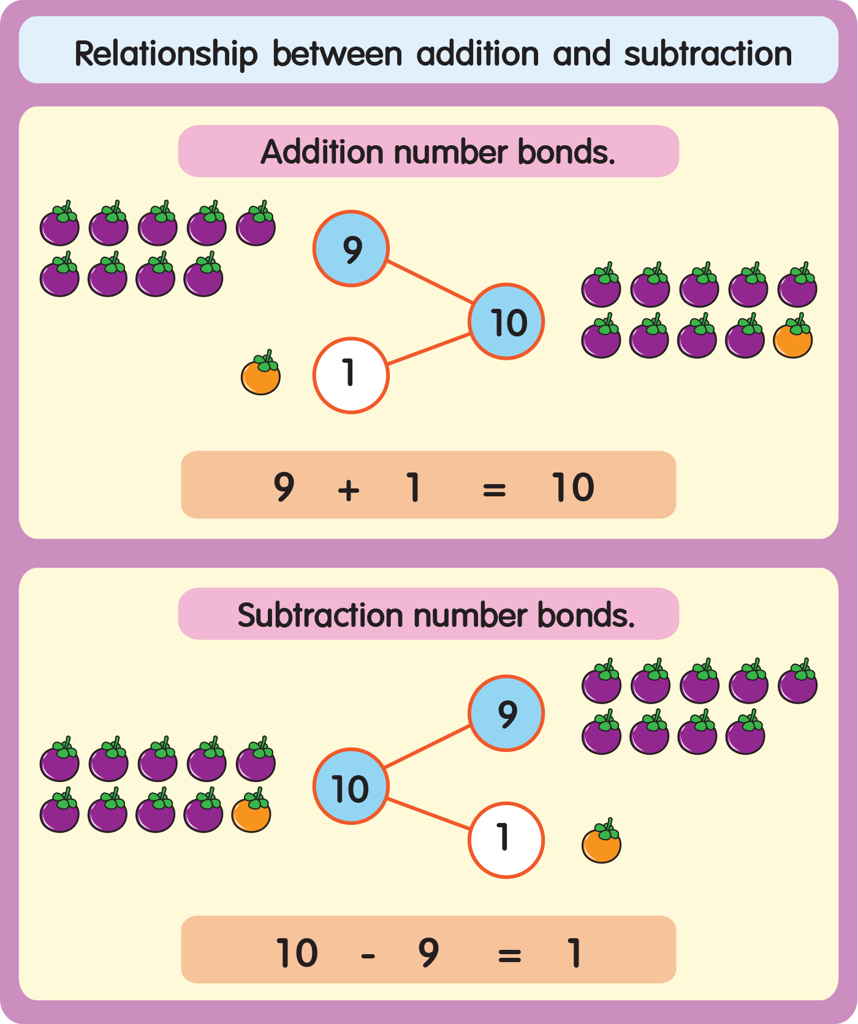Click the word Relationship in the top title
[x=165, y=54]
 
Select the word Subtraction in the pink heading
[x=321, y=615]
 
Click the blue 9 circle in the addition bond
[x=351, y=249]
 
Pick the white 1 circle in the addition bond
[x=351, y=375]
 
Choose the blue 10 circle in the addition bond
[x=507, y=322]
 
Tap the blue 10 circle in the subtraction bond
[x=351, y=786]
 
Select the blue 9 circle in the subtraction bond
[x=506, y=713]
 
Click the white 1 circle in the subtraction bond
[x=506, y=840]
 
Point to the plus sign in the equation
[x=349, y=490]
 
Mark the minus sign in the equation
[x=368, y=955]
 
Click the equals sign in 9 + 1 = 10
[x=494, y=490]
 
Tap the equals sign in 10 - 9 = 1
[x=509, y=955]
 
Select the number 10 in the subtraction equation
[x=297, y=953]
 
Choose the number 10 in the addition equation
[x=573, y=488]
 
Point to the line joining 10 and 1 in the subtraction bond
[x=429, y=814]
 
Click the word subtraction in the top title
[x=708, y=54]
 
